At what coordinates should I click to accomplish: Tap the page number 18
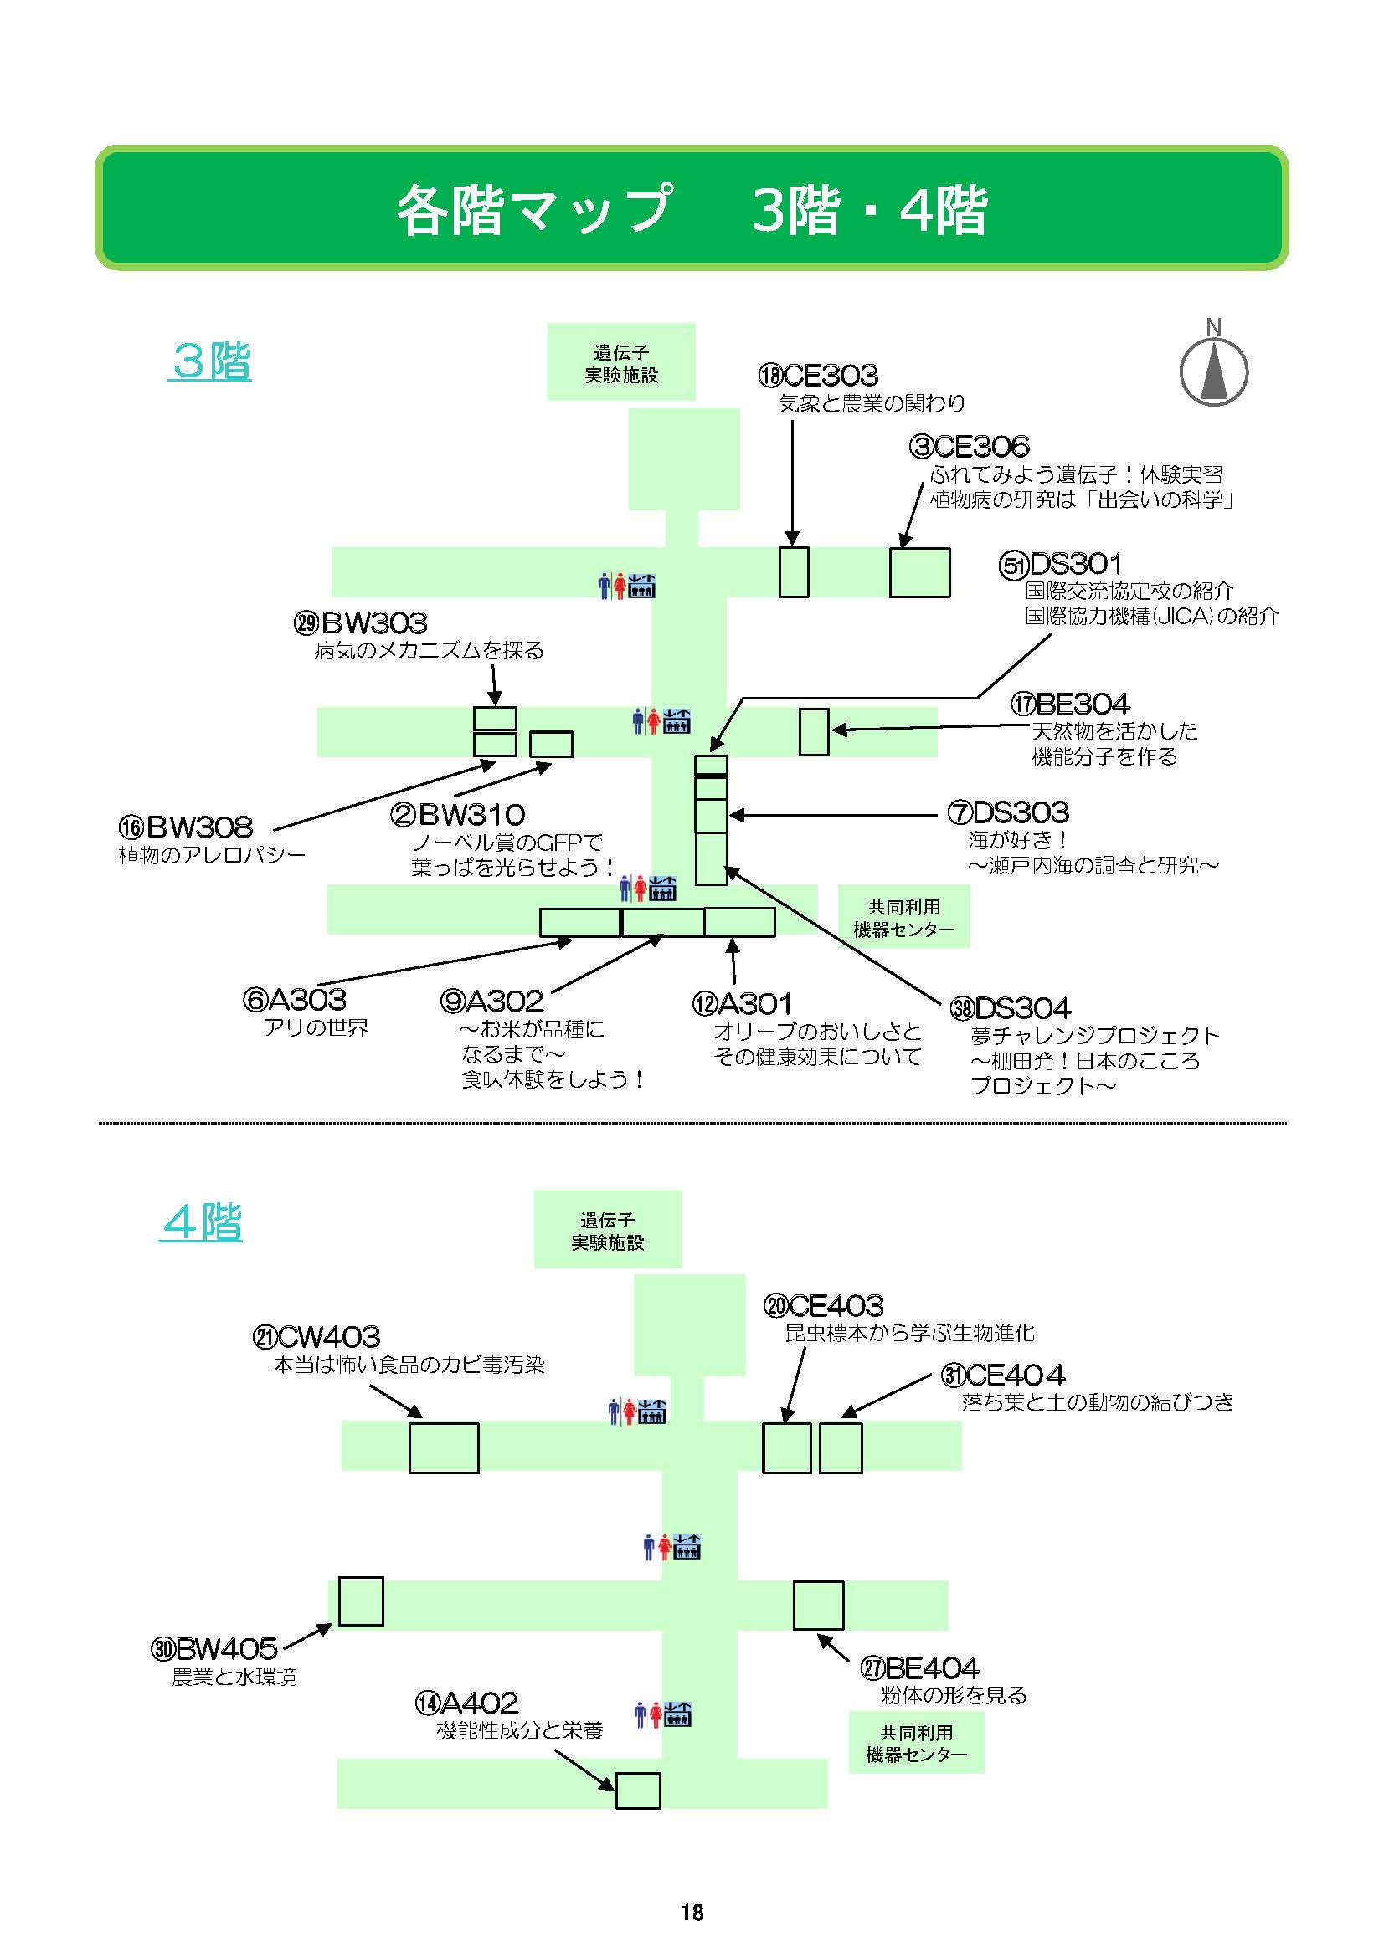point(692,1912)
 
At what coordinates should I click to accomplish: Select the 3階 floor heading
point(211,361)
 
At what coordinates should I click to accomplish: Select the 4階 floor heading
point(201,1222)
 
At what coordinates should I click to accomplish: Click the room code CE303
point(830,375)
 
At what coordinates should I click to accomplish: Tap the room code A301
point(754,1003)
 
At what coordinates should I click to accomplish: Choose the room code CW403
point(328,1335)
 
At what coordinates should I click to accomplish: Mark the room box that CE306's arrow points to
point(919,572)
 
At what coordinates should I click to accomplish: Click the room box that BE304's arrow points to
point(814,731)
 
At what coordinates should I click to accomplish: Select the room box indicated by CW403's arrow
point(444,1447)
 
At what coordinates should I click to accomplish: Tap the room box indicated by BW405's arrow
point(361,1601)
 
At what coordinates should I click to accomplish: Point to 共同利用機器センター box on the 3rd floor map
point(903,917)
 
